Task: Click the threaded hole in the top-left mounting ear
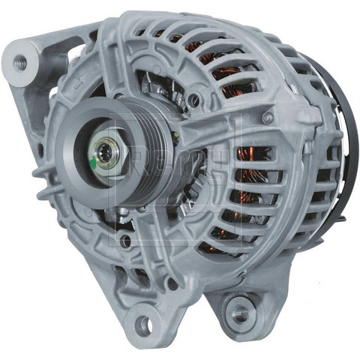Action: click(x=20, y=63)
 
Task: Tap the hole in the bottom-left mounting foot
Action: click(x=142, y=324)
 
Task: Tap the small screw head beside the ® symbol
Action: click(x=268, y=118)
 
